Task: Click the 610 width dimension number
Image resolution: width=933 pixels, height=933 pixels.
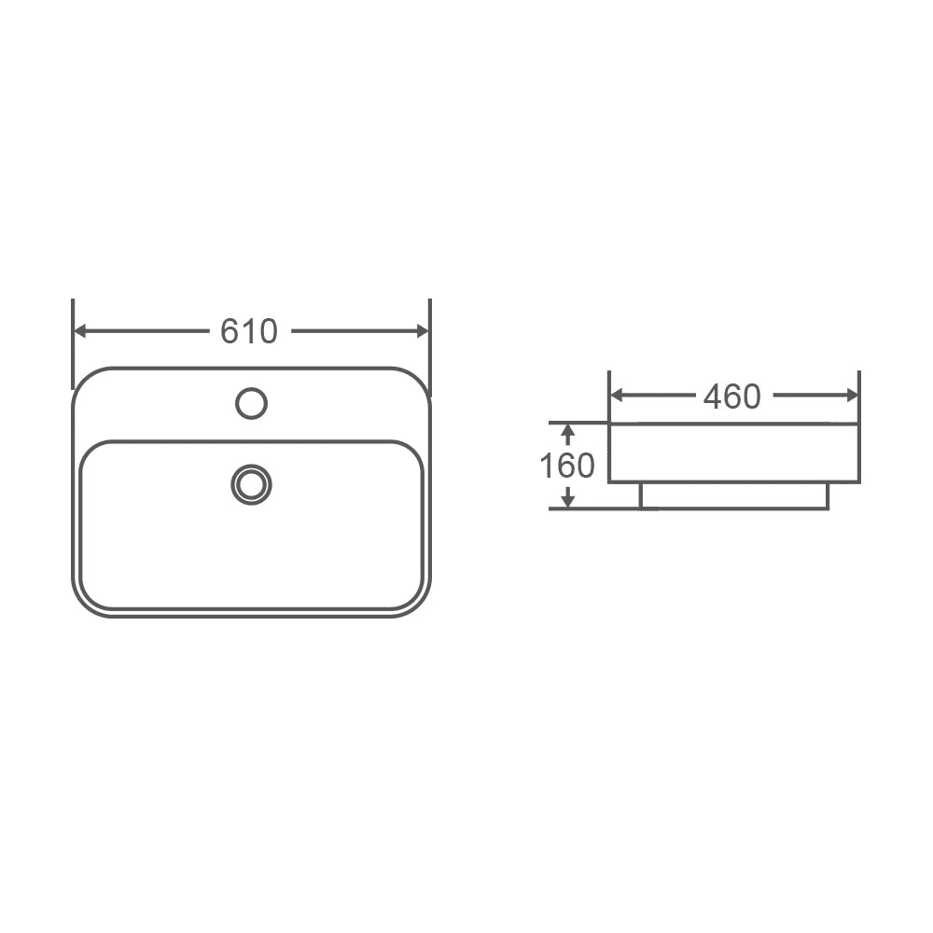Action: pos(249,331)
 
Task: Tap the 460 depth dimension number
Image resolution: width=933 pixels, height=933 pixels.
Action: pos(732,397)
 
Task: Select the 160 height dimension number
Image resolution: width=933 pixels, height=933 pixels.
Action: pos(567,465)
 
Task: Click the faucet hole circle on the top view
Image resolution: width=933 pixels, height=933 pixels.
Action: pos(251,403)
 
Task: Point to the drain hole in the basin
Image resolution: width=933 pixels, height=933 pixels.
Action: pos(251,484)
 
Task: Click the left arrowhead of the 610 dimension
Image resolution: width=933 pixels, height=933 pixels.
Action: pos(81,331)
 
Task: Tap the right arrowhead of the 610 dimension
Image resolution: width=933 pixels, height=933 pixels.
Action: pos(422,331)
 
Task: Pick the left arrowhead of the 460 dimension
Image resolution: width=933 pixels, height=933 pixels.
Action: pos(617,396)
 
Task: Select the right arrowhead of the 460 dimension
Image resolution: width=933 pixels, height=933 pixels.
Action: pos(851,396)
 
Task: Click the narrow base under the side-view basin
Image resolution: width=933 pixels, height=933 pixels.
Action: pos(734,495)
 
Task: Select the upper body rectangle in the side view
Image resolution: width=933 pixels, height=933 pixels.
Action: pos(734,453)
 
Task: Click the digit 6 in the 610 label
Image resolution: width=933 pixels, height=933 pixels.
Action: pos(230,331)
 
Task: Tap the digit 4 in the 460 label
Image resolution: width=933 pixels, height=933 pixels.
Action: pos(713,397)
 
